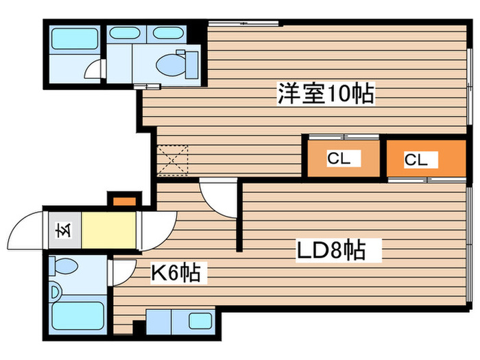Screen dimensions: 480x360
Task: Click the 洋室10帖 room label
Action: [326, 93]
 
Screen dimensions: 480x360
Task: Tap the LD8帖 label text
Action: [332, 250]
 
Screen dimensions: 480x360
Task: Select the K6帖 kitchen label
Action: [176, 273]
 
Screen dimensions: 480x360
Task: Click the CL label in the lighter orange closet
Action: [339, 158]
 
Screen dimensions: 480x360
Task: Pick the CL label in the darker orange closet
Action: [416, 160]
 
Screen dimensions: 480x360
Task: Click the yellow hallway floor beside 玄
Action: [108, 230]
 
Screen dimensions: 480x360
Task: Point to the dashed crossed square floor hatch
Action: [172, 160]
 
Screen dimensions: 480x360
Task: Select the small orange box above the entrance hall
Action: [124, 202]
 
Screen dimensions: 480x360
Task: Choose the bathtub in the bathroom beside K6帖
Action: [77, 315]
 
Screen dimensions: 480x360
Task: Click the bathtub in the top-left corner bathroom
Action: [74, 38]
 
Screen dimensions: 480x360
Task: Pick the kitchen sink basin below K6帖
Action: [200, 321]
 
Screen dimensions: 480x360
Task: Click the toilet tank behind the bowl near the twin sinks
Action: [191, 65]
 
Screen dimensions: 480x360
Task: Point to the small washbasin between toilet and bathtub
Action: [54, 291]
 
